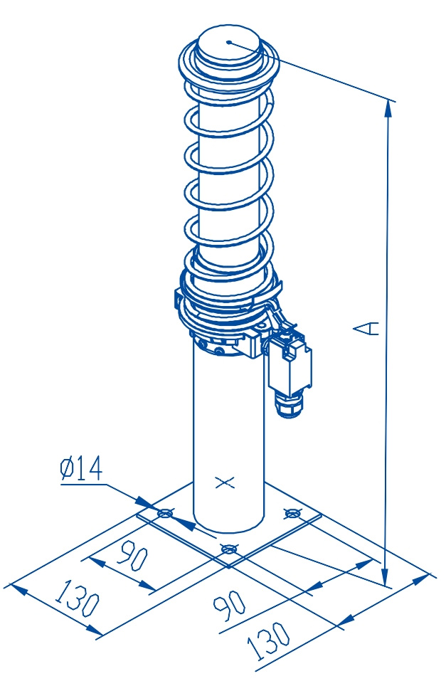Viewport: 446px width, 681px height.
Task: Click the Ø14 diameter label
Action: point(81,469)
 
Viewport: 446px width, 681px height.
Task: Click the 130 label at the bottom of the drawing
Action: point(268,640)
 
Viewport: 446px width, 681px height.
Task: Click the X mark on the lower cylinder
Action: point(225,482)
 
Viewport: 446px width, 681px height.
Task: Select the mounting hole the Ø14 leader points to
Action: point(165,514)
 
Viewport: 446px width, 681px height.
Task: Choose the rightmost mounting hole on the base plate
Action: point(292,513)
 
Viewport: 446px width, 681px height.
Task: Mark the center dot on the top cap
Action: point(229,42)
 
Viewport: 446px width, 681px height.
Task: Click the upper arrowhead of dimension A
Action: point(388,109)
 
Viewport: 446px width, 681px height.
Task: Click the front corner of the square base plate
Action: point(229,566)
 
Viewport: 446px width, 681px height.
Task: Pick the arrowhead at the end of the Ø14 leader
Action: point(147,502)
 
